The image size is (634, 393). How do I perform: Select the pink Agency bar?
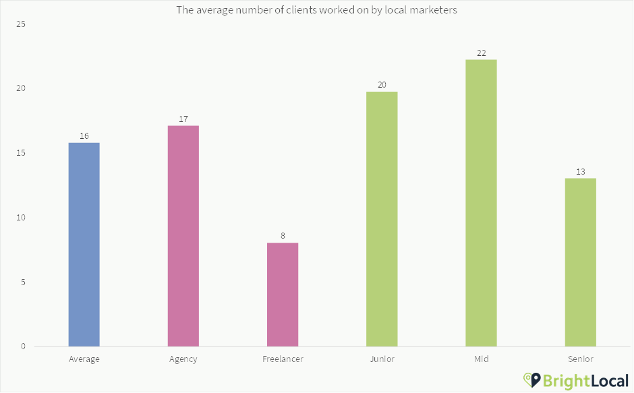[183, 236]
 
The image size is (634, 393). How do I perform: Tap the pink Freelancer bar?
[283, 295]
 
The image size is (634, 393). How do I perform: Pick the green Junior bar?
[382, 219]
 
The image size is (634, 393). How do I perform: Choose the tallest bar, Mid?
[481, 203]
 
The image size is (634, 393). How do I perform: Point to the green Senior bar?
[581, 262]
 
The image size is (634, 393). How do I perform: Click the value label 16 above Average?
[84, 136]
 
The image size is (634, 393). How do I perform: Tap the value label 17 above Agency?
[183, 119]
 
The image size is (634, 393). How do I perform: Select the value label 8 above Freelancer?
[283, 236]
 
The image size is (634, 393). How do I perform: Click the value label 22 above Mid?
[481, 53]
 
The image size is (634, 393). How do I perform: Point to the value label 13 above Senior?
[581, 172]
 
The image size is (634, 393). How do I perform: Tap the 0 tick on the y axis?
[22, 346]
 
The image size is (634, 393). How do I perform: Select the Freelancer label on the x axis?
[283, 359]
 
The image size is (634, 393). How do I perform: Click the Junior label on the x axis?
[382, 359]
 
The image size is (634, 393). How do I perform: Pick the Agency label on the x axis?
[183, 359]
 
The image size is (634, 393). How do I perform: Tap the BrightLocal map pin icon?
[534, 380]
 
